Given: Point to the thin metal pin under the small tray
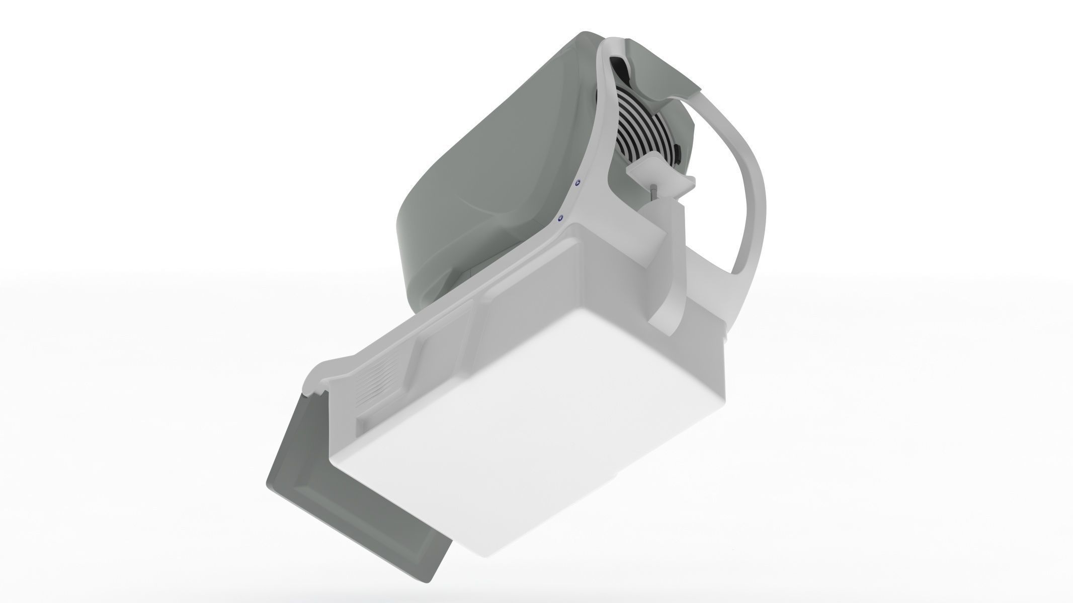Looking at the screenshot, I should click(652, 192).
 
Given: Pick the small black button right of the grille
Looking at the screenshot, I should click(678, 153).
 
